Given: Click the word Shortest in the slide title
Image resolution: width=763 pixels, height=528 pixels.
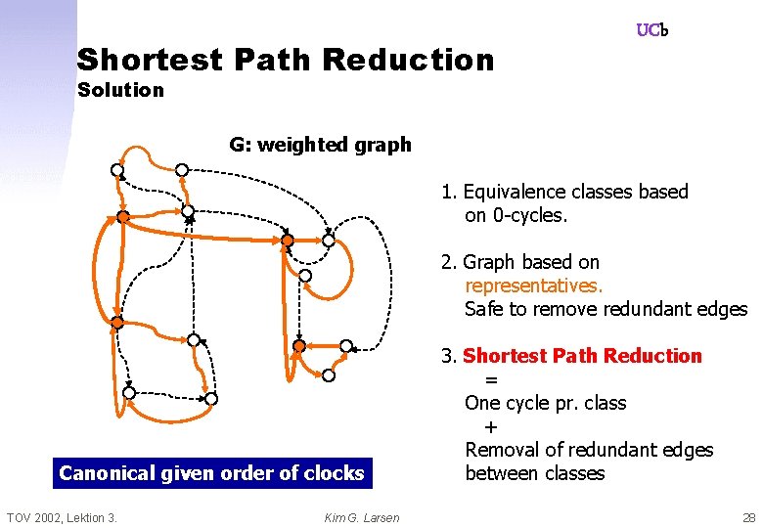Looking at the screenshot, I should (x=150, y=60).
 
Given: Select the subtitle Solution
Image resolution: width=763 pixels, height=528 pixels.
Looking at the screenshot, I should (x=120, y=90).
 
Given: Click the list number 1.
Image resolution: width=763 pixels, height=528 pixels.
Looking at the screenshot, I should (x=446, y=192).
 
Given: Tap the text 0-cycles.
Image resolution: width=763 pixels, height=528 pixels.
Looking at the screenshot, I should (x=529, y=215).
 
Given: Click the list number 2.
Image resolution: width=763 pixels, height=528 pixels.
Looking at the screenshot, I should (x=447, y=262).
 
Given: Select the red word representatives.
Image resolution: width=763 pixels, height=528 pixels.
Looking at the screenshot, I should (x=534, y=286).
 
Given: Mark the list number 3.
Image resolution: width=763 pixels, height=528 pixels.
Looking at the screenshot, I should (x=447, y=356).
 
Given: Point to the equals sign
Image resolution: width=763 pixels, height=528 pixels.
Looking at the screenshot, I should (x=491, y=379).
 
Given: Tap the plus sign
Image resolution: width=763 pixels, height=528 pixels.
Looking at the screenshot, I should (x=491, y=426).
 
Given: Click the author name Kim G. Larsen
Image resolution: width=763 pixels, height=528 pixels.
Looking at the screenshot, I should (x=362, y=517).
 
